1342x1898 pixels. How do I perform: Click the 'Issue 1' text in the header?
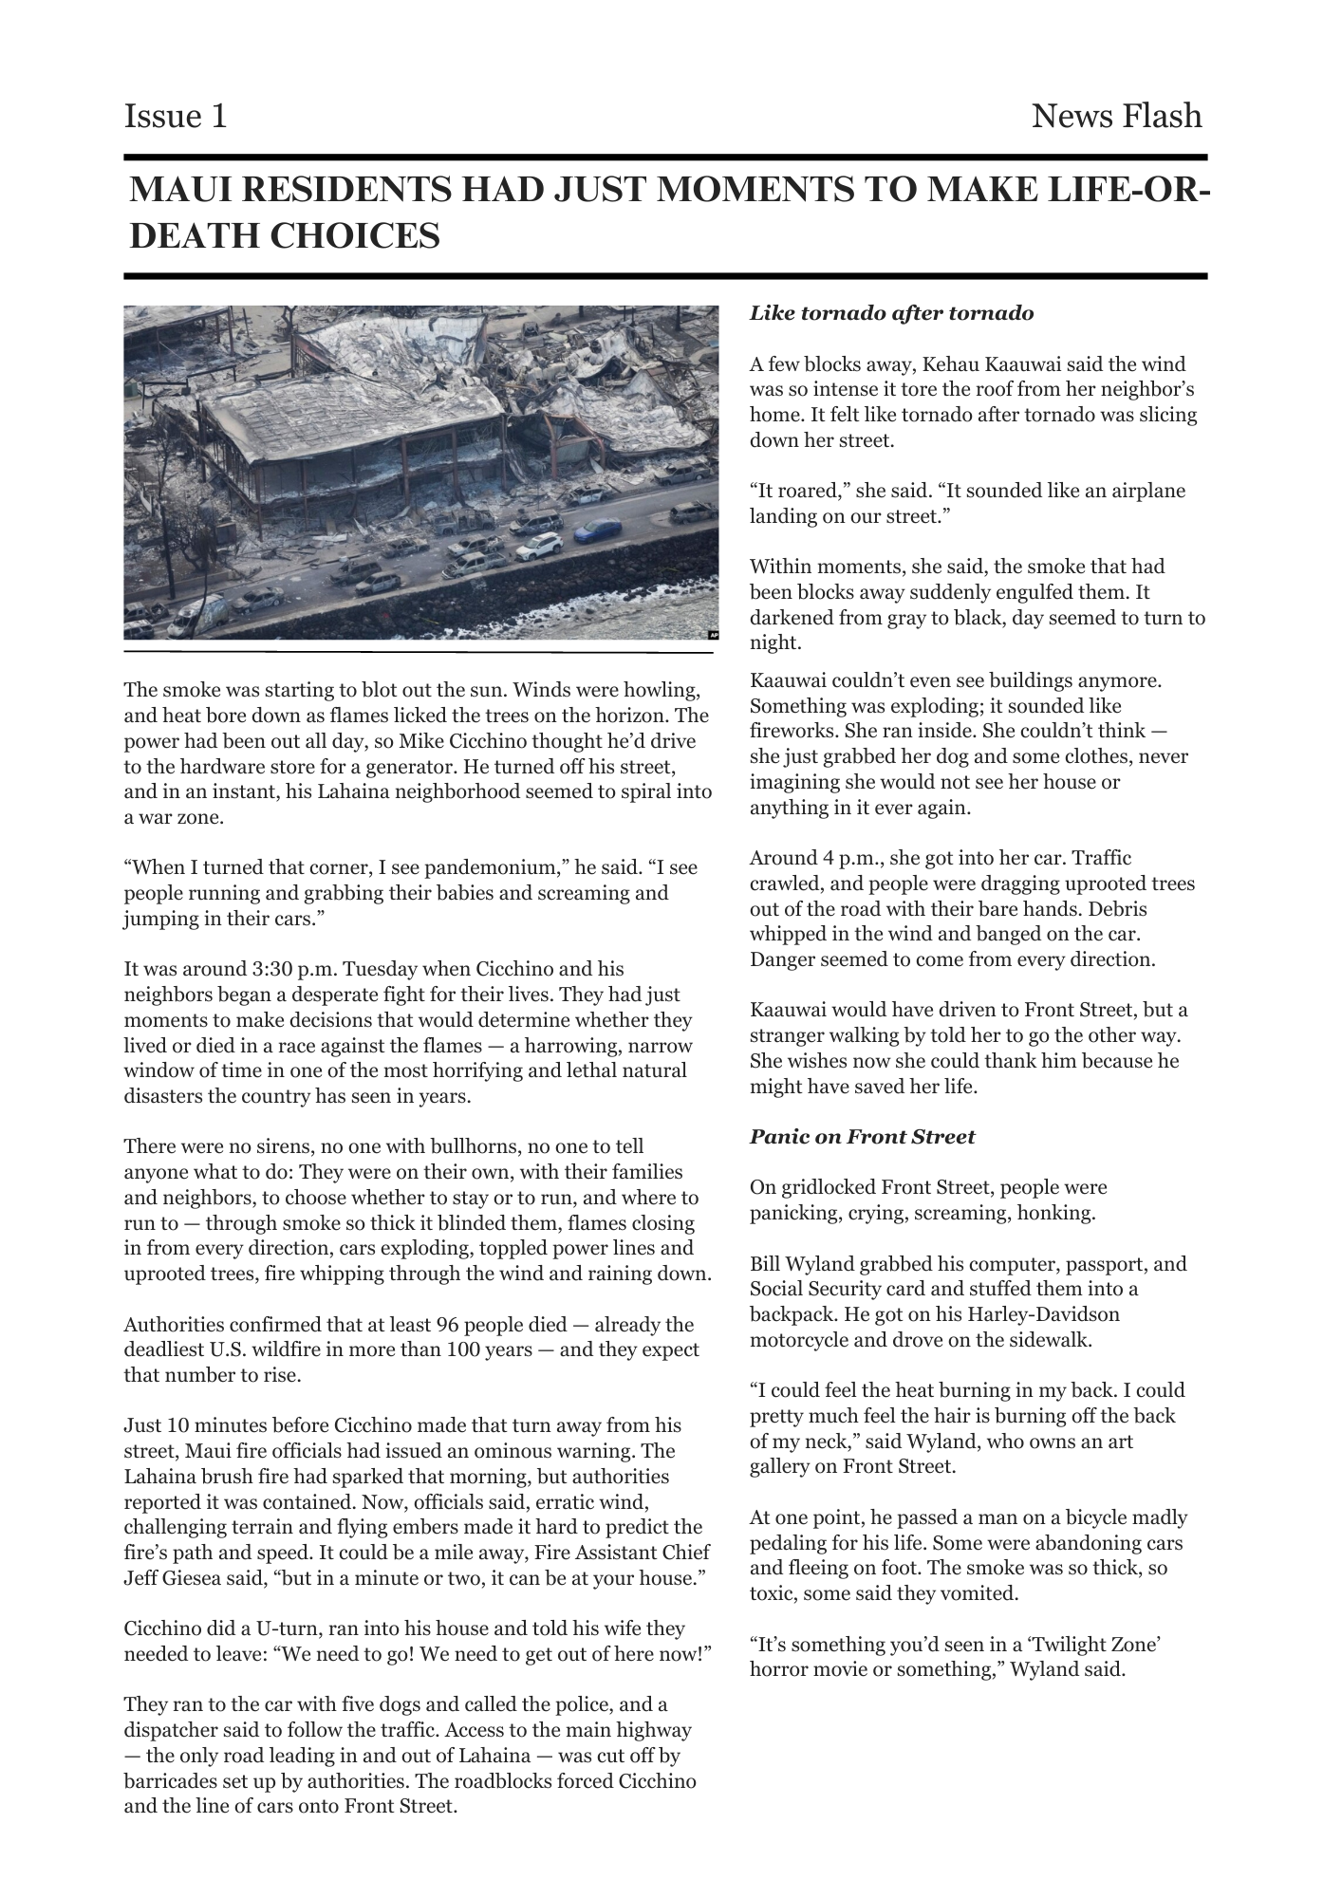point(176,117)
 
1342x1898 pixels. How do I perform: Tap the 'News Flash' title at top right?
point(1116,117)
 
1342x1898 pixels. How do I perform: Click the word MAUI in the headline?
point(177,191)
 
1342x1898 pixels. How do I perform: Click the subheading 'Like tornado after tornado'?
point(891,313)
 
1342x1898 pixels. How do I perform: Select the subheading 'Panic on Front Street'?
point(862,1137)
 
